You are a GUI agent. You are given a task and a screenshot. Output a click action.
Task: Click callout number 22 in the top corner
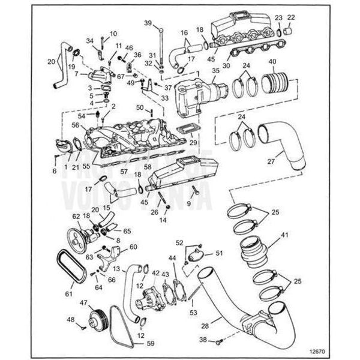[x=292, y=17]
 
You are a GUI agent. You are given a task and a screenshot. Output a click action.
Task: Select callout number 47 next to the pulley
[x=83, y=304]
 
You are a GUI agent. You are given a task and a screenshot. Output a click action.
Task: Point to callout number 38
[x=202, y=339]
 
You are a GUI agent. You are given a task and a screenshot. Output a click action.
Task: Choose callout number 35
[x=215, y=70]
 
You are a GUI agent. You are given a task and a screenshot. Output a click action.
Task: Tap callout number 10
[x=113, y=34]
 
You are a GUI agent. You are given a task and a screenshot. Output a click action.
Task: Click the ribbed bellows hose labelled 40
[x=277, y=82]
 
